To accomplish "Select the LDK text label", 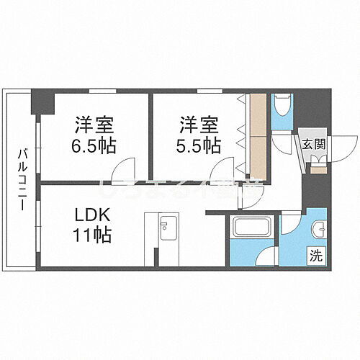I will (x=93, y=216).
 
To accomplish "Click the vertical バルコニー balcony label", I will (x=22, y=179).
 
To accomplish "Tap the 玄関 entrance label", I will (x=313, y=143).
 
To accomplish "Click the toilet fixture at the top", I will (x=281, y=109).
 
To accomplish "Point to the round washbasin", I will (x=318, y=228).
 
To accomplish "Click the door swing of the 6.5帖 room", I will (x=122, y=170).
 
